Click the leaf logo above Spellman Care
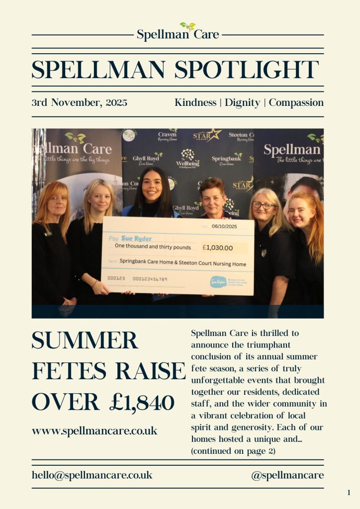187,26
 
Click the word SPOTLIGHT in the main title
247,70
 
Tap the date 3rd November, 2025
80,103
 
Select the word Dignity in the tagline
242,103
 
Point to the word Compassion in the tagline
296,103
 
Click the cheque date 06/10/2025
225,226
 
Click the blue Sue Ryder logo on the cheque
218,282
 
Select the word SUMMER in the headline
85,341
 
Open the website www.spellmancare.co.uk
94,430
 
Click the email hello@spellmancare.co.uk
92,475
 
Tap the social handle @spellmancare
287,475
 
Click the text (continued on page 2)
233,451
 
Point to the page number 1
349,493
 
